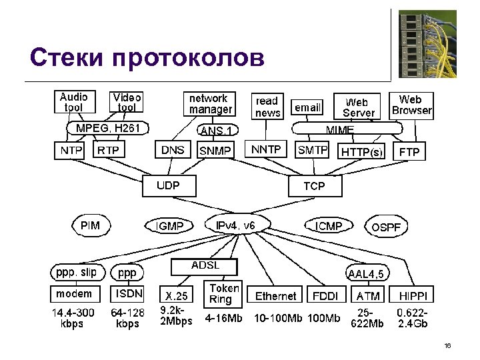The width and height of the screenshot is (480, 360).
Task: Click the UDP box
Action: (169, 186)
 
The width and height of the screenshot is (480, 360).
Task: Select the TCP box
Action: (314, 186)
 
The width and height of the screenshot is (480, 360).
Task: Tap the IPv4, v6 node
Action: (235, 225)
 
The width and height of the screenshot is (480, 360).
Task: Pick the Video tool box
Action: (127, 102)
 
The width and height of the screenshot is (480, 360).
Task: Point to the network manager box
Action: (210, 104)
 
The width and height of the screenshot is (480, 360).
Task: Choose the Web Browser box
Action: (411, 105)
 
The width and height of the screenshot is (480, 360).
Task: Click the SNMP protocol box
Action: (215, 151)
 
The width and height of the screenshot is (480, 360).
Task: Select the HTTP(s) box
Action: (362, 152)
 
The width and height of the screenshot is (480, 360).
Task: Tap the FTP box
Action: (409, 152)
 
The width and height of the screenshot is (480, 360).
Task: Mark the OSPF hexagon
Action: (386, 227)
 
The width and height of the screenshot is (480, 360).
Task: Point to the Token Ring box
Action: (224, 294)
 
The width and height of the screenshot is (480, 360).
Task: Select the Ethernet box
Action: (275, 296)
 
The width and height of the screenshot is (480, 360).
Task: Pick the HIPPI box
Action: (413, 296)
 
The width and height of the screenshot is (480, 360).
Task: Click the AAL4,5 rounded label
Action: (369, 273)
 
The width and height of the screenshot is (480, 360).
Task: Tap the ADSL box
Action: (205, 266)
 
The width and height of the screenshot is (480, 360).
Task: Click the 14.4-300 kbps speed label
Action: (73, 318)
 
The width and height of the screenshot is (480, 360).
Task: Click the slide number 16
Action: (447, 345)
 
